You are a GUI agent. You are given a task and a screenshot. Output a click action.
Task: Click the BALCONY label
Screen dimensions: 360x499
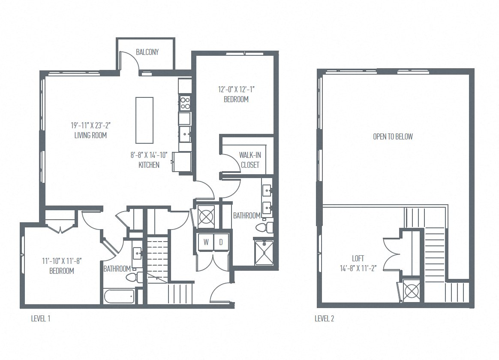147,52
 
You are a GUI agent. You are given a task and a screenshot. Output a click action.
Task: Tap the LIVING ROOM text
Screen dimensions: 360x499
89,135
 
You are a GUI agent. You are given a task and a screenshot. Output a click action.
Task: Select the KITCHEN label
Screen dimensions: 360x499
149,165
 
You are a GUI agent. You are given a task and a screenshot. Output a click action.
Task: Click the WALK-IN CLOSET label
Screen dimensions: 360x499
249,160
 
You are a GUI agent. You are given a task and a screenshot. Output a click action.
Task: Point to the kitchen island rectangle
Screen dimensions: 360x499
144,120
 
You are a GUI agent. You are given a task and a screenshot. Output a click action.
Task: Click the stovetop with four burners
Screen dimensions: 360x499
185,103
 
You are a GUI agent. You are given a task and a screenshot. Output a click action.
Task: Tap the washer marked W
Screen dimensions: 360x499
206,242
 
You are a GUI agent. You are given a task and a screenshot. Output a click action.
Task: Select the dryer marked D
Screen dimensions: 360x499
221,242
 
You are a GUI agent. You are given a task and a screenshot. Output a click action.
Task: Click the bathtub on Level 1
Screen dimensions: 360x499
119,296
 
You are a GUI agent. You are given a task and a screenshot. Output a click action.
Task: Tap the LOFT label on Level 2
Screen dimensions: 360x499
358,258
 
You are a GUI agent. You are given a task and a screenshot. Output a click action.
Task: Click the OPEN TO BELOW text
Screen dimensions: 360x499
393,136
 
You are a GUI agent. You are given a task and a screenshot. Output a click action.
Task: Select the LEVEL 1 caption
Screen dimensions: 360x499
41,318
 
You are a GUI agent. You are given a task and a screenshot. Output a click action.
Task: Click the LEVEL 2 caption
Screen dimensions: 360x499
325,318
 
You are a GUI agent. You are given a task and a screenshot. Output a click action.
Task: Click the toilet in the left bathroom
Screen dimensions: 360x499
134,277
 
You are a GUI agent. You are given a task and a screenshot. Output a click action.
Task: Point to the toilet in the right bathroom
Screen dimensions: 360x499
263,226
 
